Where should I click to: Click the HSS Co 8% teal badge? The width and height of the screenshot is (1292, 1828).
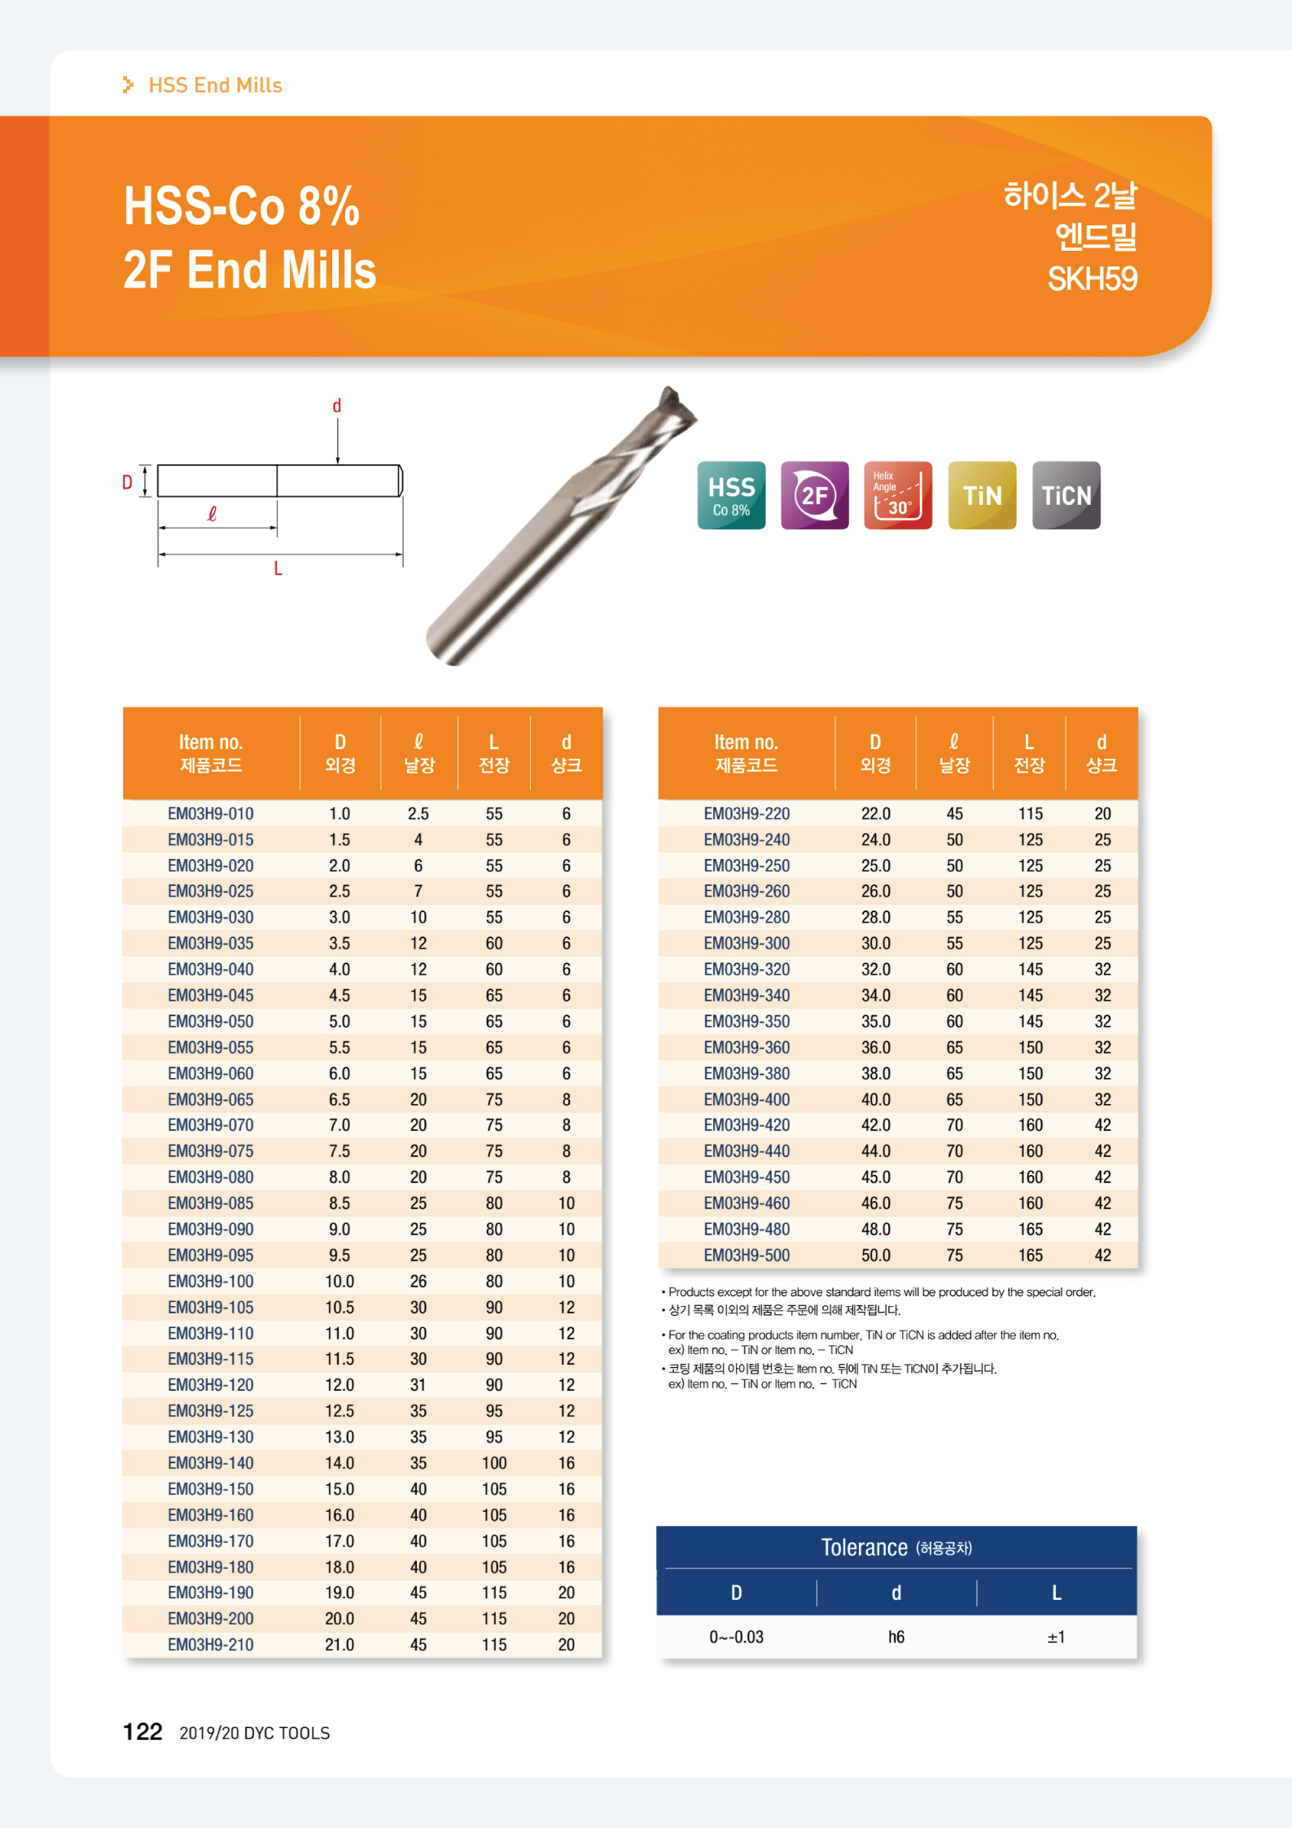point(731,496)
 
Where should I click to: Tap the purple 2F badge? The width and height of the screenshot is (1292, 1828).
point(814,496)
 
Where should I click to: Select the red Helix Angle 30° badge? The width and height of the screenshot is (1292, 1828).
point(897,496)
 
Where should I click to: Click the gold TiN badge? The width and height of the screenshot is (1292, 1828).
point(982,496)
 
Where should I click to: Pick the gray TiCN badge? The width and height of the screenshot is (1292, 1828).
point(1066,496)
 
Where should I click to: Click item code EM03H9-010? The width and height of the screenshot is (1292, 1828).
point(210,813)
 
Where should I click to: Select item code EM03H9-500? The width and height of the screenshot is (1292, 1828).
point(747,1255)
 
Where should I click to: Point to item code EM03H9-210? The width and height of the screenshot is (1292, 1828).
point(210,1644)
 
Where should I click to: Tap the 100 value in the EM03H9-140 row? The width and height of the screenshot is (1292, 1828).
point(494,1462)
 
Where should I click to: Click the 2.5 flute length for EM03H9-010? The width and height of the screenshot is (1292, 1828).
point(418,813)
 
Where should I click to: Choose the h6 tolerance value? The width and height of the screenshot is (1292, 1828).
point(896,1637)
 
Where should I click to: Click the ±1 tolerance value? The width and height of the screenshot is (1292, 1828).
point(1056,1637)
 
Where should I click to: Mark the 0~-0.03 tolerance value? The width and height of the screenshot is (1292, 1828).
point(736,1637)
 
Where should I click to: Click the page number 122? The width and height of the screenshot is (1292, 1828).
point(142,1732)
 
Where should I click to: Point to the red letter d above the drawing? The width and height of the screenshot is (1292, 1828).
point(337,405)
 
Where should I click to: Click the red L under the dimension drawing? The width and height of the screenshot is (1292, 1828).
point(278,569)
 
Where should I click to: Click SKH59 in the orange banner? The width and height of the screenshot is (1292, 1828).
point(1092,279)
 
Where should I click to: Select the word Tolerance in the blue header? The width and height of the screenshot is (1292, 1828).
point(864,1547)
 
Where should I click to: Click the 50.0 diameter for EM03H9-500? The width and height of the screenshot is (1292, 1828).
point(875,1255)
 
